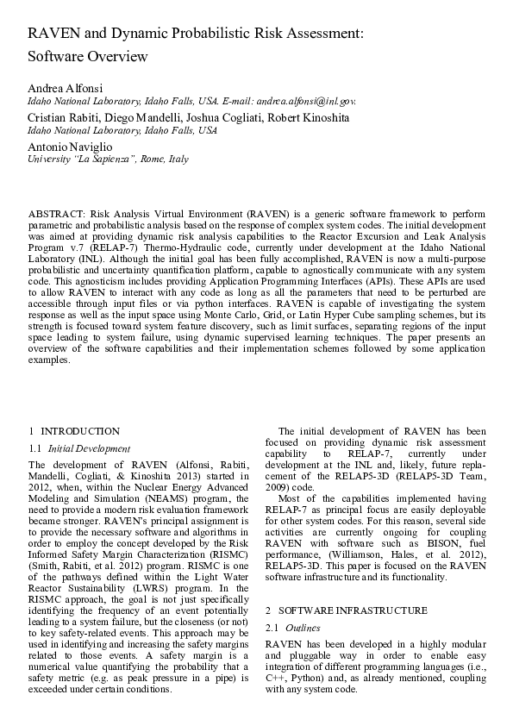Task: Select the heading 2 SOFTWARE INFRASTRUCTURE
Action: (346, 610)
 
